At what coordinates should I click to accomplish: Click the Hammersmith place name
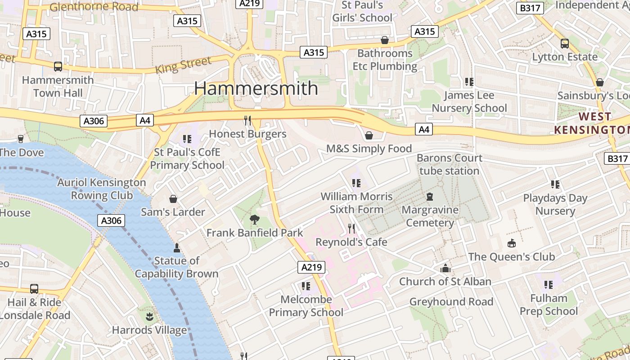pyautogui.click(x=256, y=88)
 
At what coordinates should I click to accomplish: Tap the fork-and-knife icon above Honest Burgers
pyautogui.click(x=247, y=120)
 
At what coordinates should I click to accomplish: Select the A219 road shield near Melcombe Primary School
pyautogui.click(x=311, y=267)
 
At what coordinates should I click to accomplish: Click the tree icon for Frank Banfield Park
pyautogui.click(x=254, y=220)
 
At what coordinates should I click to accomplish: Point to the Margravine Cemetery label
pyautogui.click(x=430, y=216)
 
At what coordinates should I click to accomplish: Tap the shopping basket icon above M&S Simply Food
pyautogui.click(x=369, y=135)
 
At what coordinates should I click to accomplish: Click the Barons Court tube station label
pyautogui.click(x=449, y=164)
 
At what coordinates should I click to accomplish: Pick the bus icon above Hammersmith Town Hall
pyautogui.click(x=58, y=67)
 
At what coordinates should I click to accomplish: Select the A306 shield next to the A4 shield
pyautogui.click(x=94, y=121)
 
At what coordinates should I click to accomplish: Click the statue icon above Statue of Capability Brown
pyautogui.click(x=176, y=247)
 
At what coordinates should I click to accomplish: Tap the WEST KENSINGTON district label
pyautogui.click(x=591, y=123)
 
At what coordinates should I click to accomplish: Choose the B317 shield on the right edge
pyautogui.click(x=616, y=158)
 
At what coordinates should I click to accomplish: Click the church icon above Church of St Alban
pyautogui.click(x=445, y=269)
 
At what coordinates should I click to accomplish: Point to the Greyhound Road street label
pyautogui.click(x=451, y=301)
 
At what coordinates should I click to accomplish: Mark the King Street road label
pyautogui.click(x=183, y=66)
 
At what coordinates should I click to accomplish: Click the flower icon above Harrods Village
pyautogui.click(x=149, y=317)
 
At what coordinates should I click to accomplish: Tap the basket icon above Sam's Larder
pyautogui.click(x=173, y=199)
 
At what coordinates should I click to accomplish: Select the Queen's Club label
pyautogui.click(x=511, y=256)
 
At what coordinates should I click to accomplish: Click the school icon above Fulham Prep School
pyautogui.click(x=548, y=284)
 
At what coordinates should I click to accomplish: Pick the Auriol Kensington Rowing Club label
pyautogui.click(x=102, y=189)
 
